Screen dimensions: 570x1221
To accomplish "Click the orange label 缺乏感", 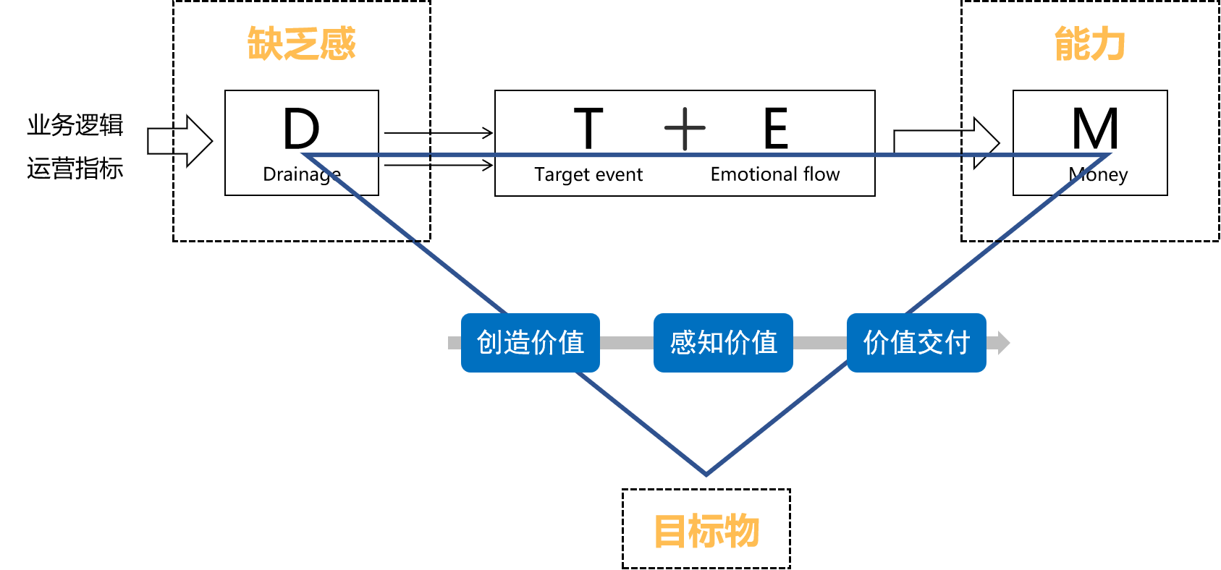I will (301, 43).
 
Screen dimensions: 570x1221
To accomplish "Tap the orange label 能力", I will (1089, 43).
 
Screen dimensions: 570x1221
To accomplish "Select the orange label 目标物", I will (706, 531).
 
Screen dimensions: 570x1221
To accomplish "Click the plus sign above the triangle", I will (685, 129).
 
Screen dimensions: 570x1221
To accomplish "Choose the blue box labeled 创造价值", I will (531, 343).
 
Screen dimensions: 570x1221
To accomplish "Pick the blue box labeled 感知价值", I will (723, 343).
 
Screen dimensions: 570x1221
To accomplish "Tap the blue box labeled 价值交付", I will (916, 343).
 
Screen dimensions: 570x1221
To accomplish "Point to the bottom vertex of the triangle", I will (706, 474).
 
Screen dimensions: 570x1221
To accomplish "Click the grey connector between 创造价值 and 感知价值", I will (627, 343).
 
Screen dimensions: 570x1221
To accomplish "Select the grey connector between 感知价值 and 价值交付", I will (820, 343).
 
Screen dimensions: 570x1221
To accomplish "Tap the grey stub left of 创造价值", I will (455, 343).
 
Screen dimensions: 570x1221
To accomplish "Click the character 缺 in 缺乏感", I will (265, 43).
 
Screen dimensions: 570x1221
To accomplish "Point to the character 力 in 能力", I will (1108, 43).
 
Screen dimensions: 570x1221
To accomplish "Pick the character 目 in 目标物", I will (669, 531).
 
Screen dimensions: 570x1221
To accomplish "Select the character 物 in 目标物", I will (742, 531).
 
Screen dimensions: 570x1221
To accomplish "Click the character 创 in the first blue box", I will (490, 343).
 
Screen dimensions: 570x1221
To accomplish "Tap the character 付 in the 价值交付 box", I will (957, 343).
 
